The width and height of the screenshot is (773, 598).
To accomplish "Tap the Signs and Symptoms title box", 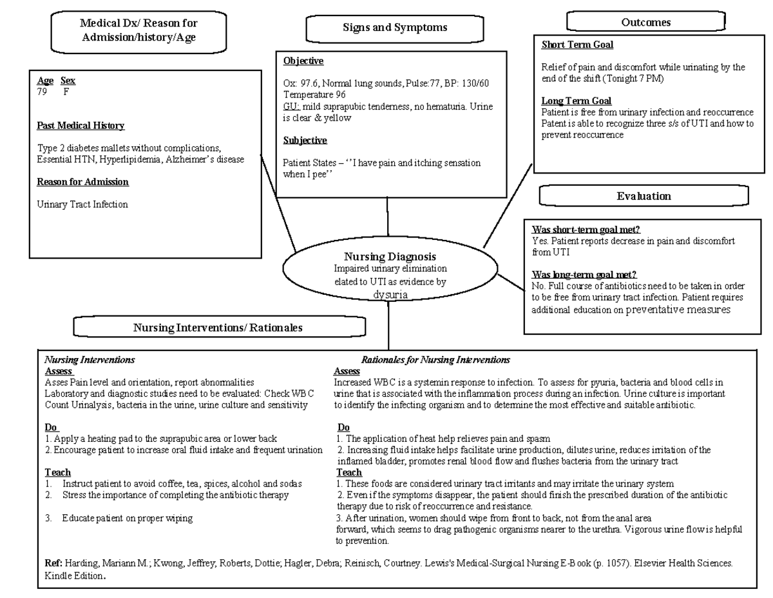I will pyautogui.click(x=395, y=28).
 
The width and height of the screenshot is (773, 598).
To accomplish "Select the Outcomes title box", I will pyautogui.click(x=645, y=23).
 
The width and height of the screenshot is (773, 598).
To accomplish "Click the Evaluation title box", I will pyautogui.click(x=644, y=196).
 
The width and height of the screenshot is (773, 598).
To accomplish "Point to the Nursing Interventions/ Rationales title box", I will pyautogui.click(x=218, y=328).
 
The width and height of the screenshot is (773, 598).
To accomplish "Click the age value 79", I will pyautogui.click(x=43, y=92).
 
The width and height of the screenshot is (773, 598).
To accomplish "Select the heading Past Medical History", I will pyautogui.click(x=81, y=125).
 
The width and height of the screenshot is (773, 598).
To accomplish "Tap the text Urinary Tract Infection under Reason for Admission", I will pyautogui.click(x=82, y=204).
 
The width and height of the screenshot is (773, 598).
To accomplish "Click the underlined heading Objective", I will pyautogui.click(x=303, y=61).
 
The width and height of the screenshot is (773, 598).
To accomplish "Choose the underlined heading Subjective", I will pyautogui.click(x=305, y=140).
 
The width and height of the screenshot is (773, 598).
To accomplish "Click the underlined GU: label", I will pyautogui.click(x=291, y=106).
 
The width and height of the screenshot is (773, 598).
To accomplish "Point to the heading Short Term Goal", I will pyautogui.click(x=577, y=45).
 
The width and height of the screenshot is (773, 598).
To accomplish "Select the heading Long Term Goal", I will pyautogui.click(x=576, y=101).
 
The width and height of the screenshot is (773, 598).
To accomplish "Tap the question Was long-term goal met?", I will pyautogui.click(x=584, y=275).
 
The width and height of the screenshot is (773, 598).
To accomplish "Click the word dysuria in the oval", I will pyautogui.click(x=390, y=295).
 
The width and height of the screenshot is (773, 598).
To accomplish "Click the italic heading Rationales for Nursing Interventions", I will pyautogui.click(x=435, y=359).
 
